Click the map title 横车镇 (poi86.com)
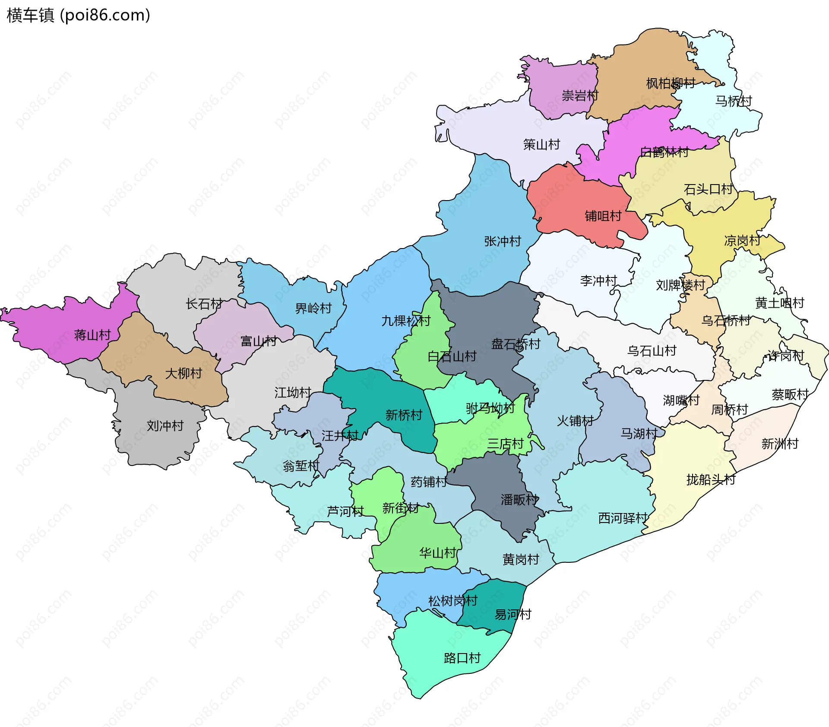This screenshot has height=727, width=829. click(x=78, y=15)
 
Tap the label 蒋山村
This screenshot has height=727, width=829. click(x=92, y=335)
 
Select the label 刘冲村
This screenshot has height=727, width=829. click(x=165, y=426)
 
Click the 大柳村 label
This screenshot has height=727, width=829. click(x=184, y=373)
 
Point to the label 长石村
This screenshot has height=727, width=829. click(x=204, y=304)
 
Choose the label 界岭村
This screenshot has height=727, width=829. click(x=313, y=308)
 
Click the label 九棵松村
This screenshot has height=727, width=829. click(x=406, y=321)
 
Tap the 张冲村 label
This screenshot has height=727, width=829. click(x=503, y=241)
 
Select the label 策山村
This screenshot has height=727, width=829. click(x=541, y=144)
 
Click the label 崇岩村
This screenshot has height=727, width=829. click(x=580, y=96)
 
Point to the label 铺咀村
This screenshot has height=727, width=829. click(x=603, y=216)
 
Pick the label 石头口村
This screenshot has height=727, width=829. click(x=708, y=189)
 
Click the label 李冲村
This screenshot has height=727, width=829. click(x=598, y=281)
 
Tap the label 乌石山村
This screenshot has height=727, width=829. click(x=652, y=351)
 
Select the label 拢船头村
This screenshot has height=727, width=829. click(x=711, y=479)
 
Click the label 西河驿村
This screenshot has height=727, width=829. click(x=623, y=518)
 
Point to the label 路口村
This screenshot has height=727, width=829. click(x=462, y=658)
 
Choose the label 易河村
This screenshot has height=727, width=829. click(x=513, y=614)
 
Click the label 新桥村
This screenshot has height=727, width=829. click(x=404, y=415)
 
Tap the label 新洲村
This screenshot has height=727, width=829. click(x=780, y=443)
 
